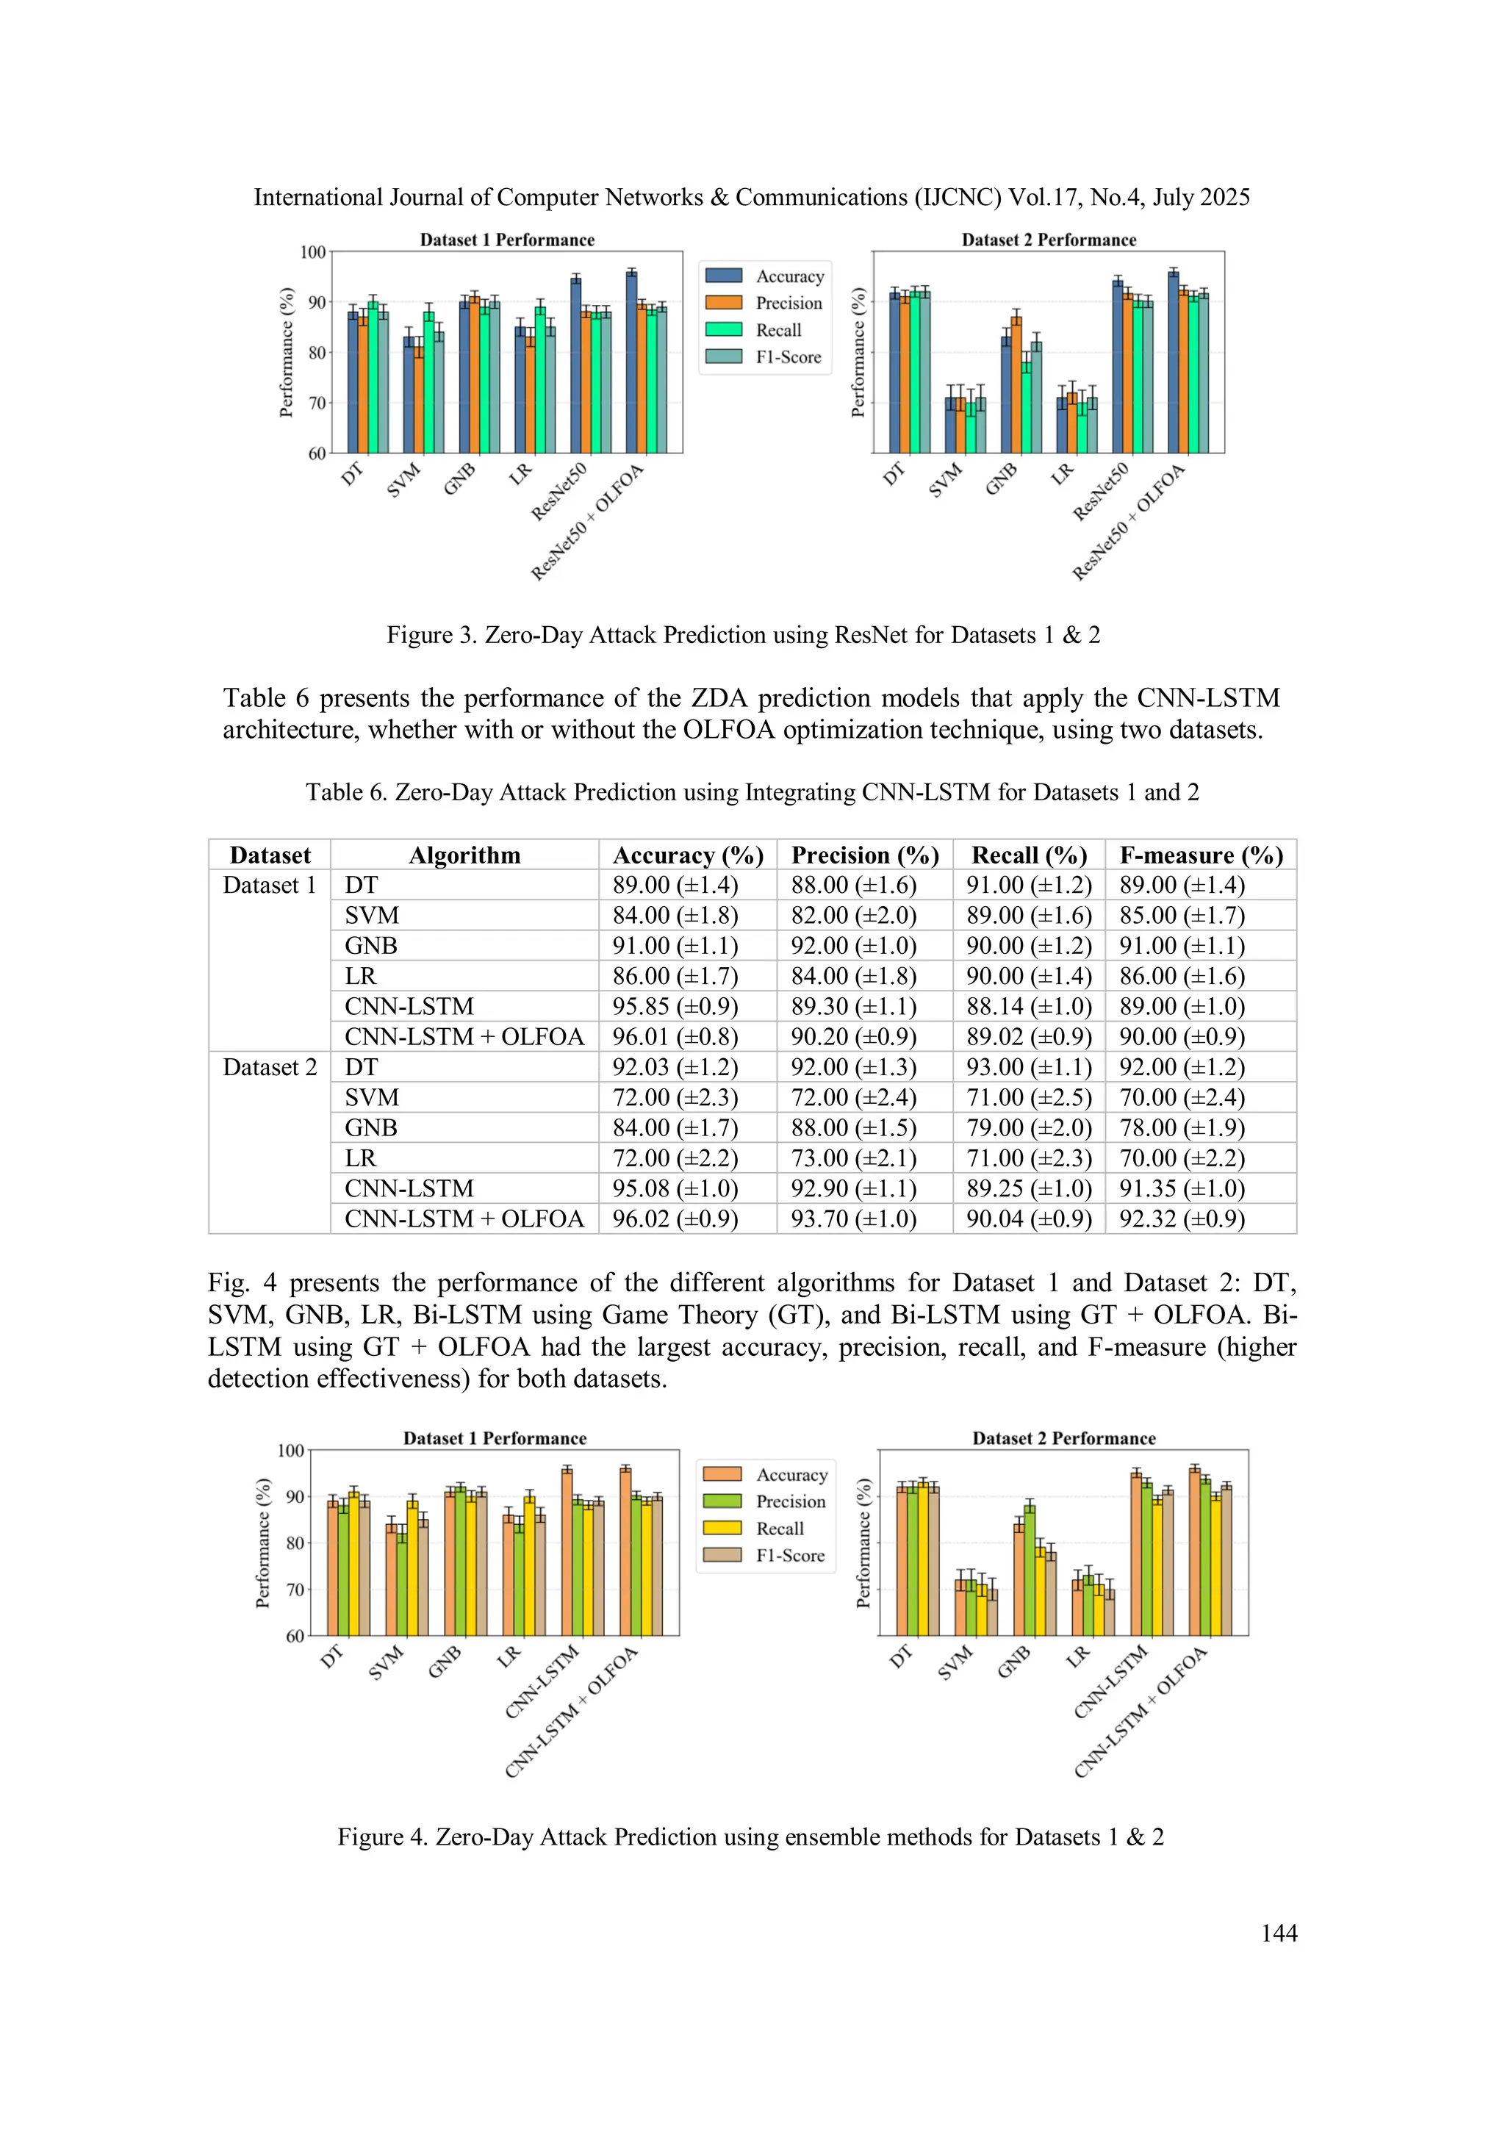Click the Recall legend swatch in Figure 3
(x=723, y=329)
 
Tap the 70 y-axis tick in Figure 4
(x=295, y=1590)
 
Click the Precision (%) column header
(x=864, y=855)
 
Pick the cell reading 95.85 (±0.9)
(x=675, y=1006)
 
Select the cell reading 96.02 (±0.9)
(x=675, y=1218)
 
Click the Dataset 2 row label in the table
(x=270, y=1067)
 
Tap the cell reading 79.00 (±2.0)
(x=1028, y=1127)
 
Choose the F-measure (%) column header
(x=1201, y=855)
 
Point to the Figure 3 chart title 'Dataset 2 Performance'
(x=1048, y=240)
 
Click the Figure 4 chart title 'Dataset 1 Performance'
(x=495, y=1438)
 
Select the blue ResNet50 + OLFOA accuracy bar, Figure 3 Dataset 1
(x=631, y=362)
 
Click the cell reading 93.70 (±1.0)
(x=853, y=1218)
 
